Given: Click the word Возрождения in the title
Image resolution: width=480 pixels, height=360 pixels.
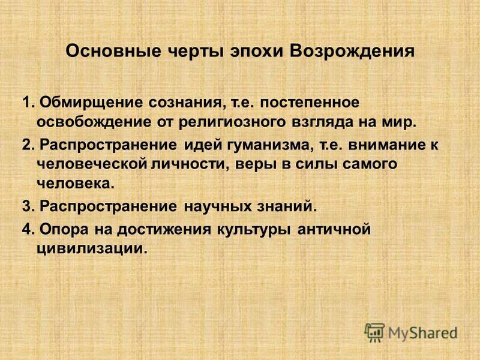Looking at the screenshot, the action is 352,52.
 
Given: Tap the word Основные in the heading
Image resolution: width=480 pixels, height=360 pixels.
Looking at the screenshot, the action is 113,52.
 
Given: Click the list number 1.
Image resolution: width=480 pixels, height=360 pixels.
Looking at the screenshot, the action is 27,102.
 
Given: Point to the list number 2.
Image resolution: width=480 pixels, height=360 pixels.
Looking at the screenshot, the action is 27,145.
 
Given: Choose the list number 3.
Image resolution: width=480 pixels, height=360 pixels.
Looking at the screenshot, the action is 27,206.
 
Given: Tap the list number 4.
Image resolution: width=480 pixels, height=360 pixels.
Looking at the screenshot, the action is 27,230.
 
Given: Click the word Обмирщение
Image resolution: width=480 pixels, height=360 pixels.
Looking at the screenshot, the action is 91,103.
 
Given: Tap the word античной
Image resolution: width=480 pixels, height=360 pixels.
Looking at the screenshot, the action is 334,229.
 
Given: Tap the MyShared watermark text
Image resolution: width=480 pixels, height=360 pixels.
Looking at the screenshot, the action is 423,334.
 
